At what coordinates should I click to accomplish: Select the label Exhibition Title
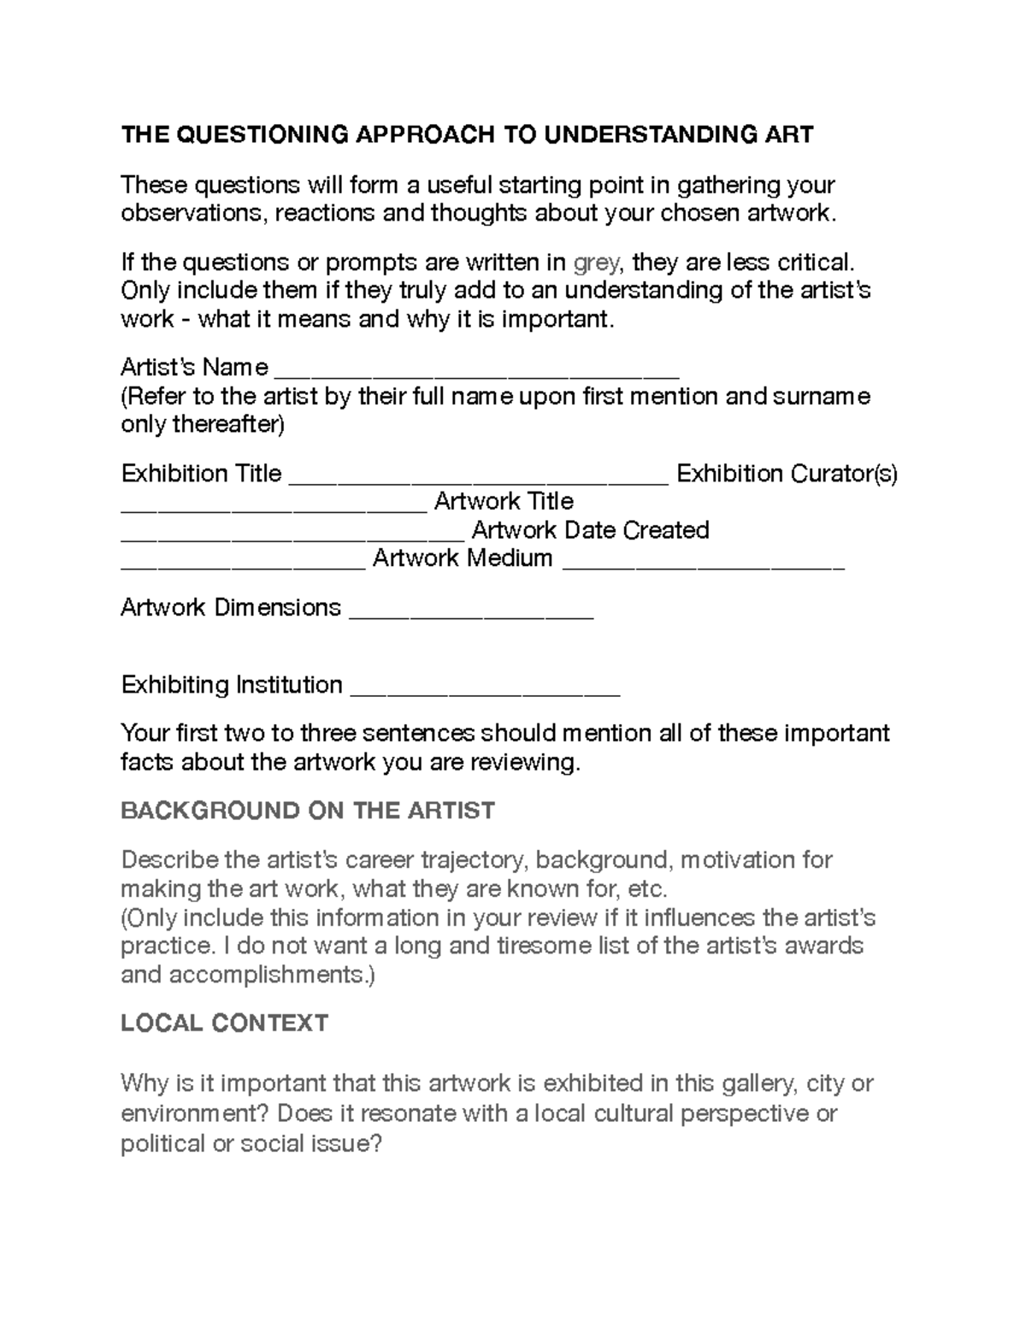click(202, 473)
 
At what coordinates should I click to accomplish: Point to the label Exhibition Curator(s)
click(787, 473)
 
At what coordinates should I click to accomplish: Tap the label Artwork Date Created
click(590, 530)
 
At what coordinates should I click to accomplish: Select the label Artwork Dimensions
click(231, 607)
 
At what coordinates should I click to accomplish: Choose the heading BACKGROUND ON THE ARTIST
click(308, 810)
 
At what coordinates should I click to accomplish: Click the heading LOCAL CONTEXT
click(224, 1023)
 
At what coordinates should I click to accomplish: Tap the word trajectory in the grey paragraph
click(469, 859)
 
